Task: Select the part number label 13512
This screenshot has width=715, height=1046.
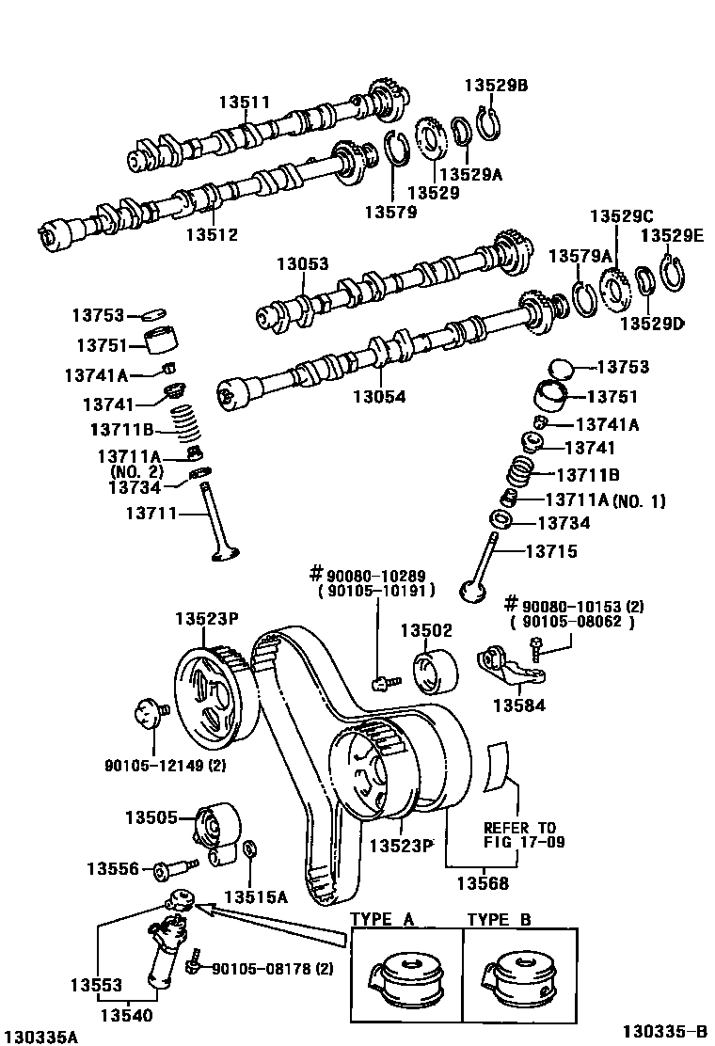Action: point(212,235)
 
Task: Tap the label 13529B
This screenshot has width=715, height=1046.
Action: point(496,85)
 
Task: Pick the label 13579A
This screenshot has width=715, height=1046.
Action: point(580,255)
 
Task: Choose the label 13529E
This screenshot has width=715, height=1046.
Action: point(672,235)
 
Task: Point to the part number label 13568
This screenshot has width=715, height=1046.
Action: point(483,883)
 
